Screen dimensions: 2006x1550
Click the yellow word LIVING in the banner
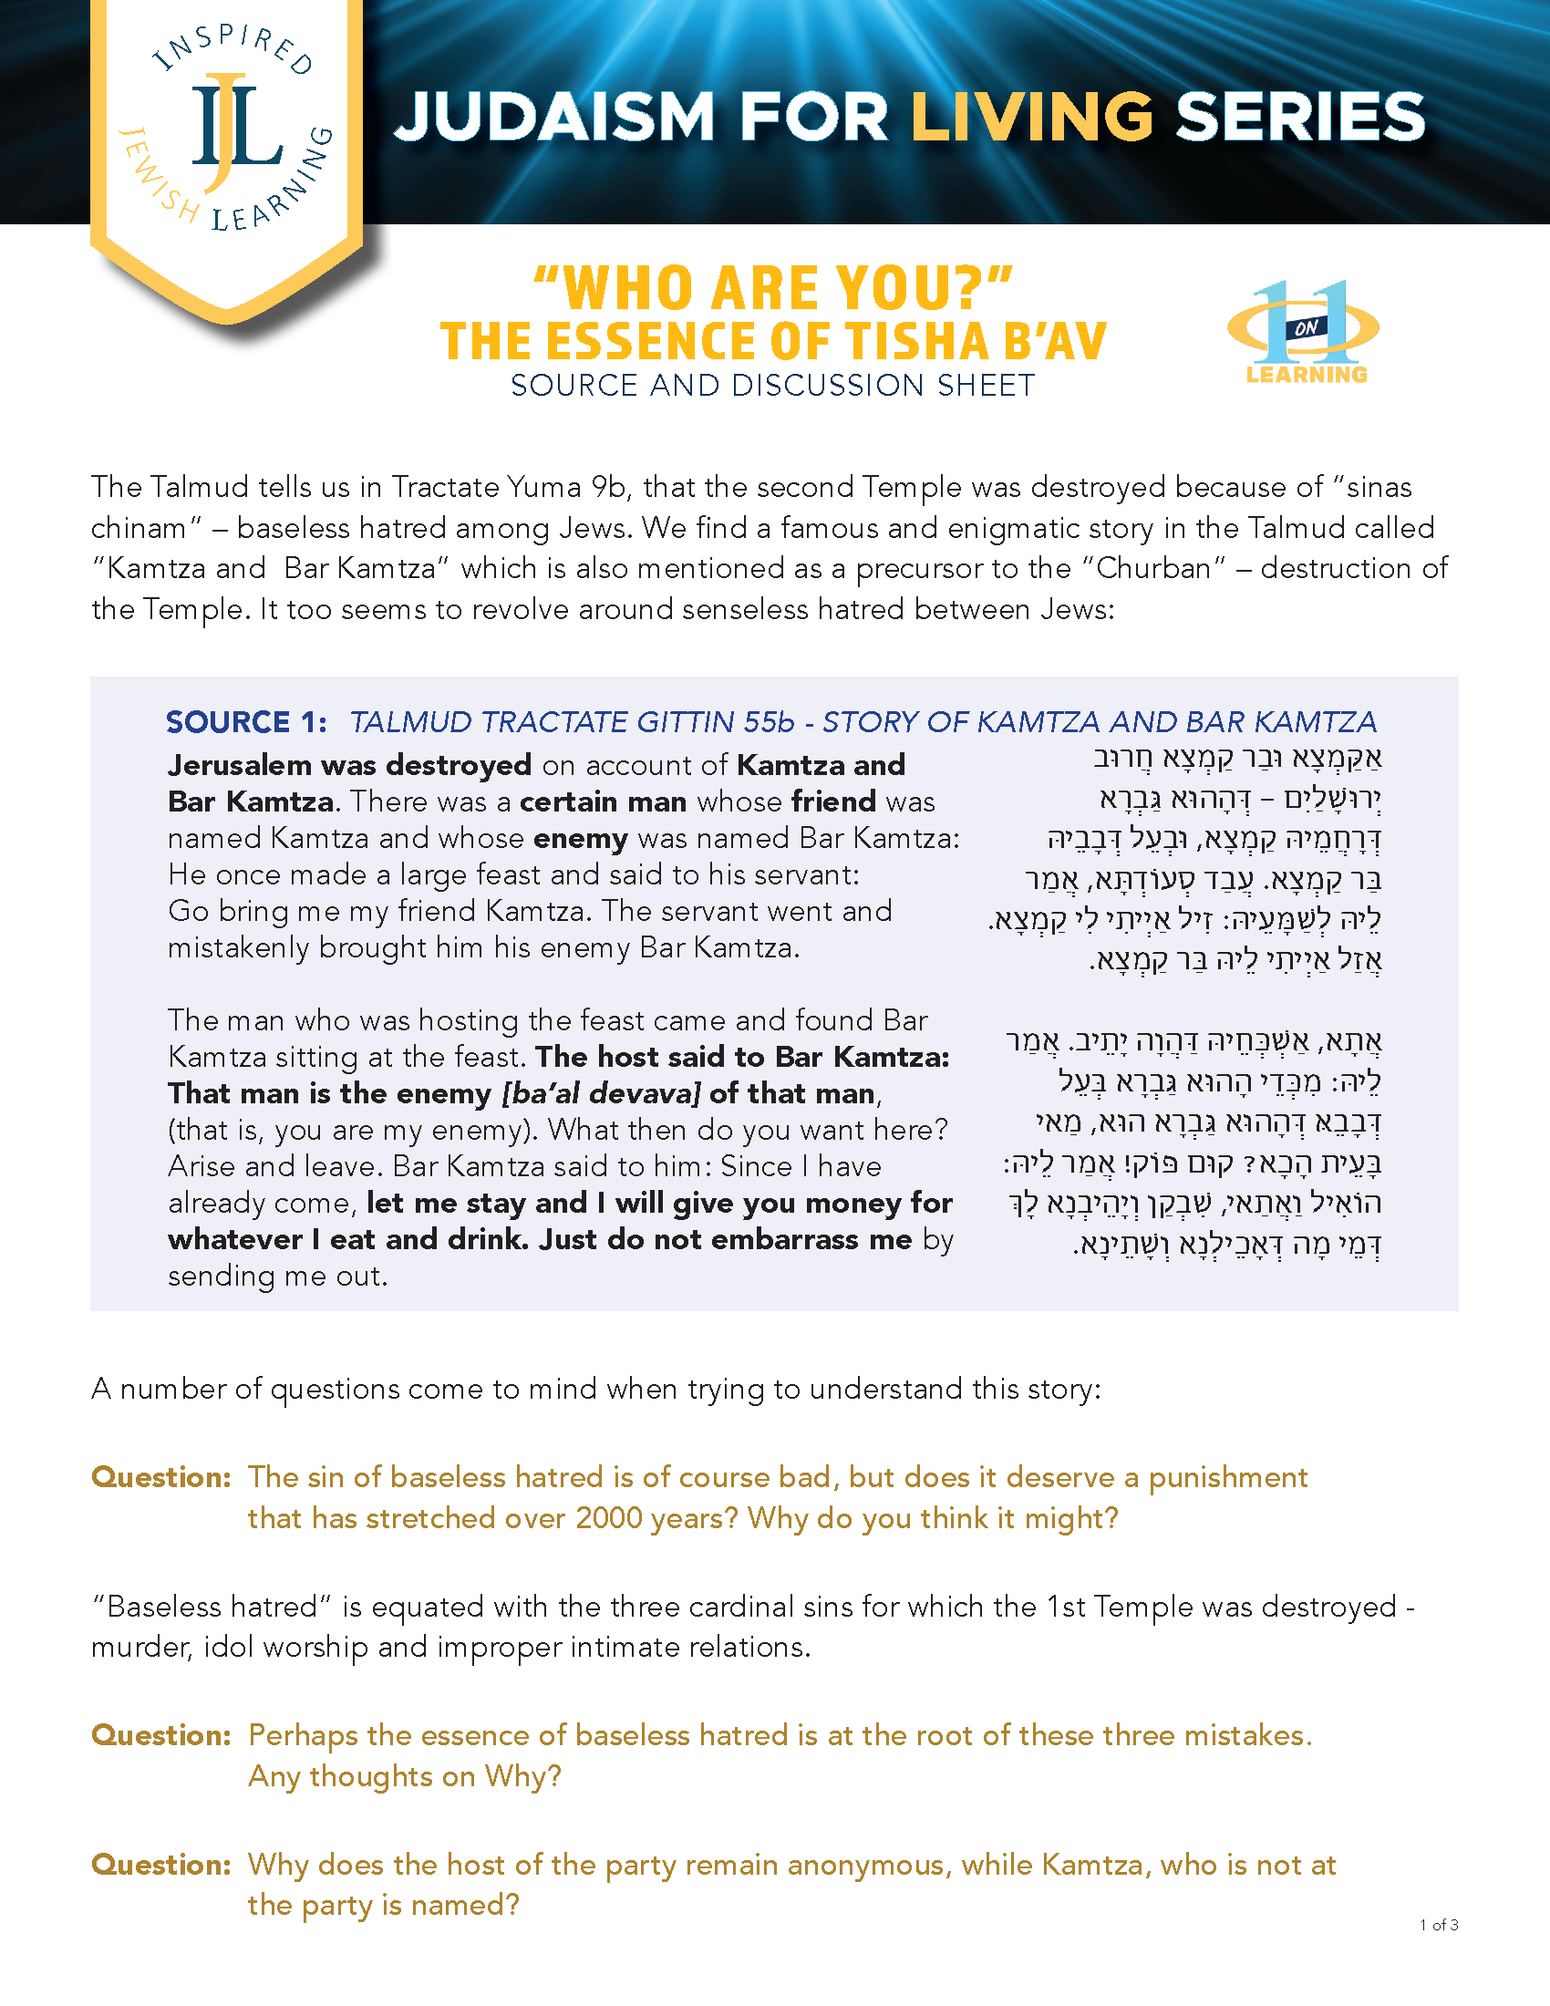click(1031, 118)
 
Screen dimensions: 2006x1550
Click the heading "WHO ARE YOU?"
click(772, 287)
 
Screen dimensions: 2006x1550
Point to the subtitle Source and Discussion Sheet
click(772, 386)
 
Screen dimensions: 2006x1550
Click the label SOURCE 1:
click(246, 722)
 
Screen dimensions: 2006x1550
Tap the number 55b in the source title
click(769, 722)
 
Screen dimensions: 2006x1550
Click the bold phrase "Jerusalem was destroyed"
click(349, 765)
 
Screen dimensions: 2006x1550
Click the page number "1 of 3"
click(1438, 1925)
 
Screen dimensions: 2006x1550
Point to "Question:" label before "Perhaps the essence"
click(160, 1735)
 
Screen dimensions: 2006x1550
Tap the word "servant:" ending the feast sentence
click(801, 874)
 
